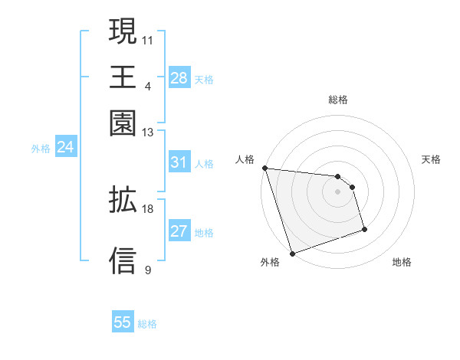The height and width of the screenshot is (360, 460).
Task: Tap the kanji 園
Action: (123, 123)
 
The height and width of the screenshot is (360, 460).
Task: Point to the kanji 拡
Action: (123, 200)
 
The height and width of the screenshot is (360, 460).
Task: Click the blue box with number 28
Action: (179, 78)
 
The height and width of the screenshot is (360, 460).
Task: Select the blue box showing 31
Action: (179, 162)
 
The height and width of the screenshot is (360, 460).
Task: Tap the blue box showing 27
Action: (179, 232)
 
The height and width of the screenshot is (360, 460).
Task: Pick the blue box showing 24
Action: (65, 148)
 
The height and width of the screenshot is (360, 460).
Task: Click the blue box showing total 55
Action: (123, 322)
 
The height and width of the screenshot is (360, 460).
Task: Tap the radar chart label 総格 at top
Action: (338, 100)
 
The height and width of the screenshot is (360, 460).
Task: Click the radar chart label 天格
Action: (431, 159)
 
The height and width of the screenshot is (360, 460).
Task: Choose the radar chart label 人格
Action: (245, 159)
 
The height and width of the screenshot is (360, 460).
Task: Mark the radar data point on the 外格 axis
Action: (293, 253)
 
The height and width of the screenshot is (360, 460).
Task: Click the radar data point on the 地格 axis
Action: (364, 229)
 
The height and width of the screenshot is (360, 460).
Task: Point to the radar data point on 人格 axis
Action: (264, 168)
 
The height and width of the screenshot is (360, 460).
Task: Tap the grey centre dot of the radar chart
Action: (338, 191)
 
